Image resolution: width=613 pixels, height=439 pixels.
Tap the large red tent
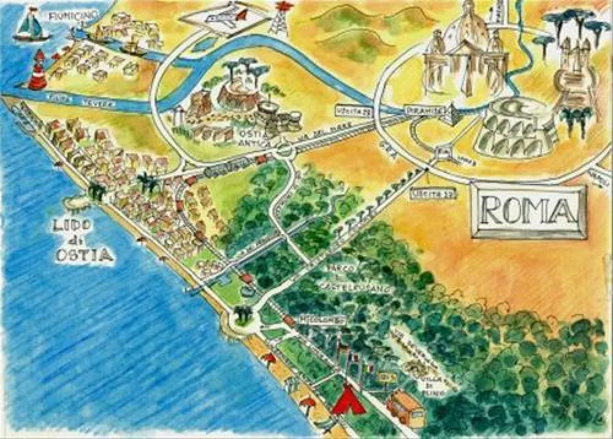point(349,399)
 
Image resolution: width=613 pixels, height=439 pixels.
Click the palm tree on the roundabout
point(243,315)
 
